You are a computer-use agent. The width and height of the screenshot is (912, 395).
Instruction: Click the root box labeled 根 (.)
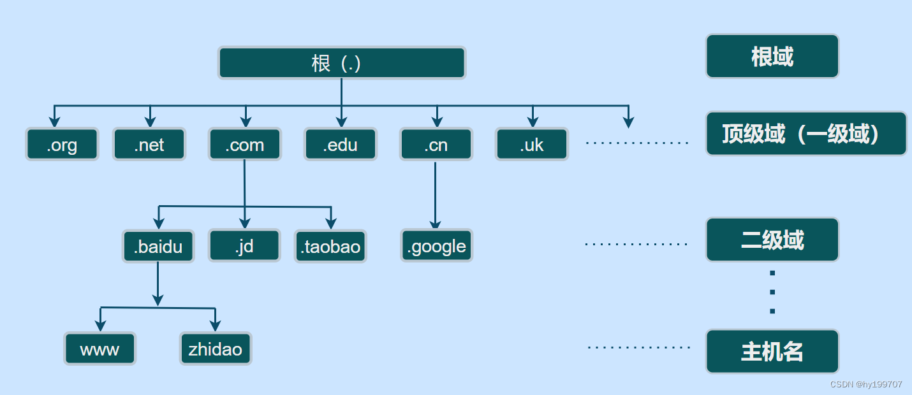click(342, 63)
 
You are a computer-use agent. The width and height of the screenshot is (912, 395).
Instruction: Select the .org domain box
click(62, 145)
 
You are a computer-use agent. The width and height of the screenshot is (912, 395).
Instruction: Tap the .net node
click(149, 145)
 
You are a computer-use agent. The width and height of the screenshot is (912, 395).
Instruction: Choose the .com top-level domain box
click(245, 145)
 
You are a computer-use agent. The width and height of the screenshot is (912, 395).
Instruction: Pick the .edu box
click(341, 145)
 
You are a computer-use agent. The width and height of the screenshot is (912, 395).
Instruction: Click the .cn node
click(436, 145)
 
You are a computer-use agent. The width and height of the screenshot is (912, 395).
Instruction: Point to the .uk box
click(532, 145)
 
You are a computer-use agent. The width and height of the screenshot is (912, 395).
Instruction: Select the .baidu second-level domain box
click(158, 247)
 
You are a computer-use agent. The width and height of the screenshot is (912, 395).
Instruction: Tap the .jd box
click(244, 246)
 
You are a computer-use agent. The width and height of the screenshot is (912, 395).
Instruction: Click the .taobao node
click(330, 247)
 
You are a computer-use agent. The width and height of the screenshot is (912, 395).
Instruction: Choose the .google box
click(437, 247)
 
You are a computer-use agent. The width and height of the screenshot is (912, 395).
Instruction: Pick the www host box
click(100, 349)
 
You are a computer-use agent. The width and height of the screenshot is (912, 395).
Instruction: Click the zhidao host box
click(216, 349)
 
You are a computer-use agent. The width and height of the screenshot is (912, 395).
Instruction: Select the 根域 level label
click(772, 57)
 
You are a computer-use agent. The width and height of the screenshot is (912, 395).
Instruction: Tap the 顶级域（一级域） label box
click(806, 134)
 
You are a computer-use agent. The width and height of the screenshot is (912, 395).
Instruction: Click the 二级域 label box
click(772, 240)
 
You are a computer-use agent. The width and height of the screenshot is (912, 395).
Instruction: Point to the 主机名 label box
click(772, 352)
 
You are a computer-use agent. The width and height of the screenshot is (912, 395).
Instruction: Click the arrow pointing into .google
click(436, 224)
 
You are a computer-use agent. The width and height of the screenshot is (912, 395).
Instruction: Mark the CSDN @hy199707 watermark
click(866, 384)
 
